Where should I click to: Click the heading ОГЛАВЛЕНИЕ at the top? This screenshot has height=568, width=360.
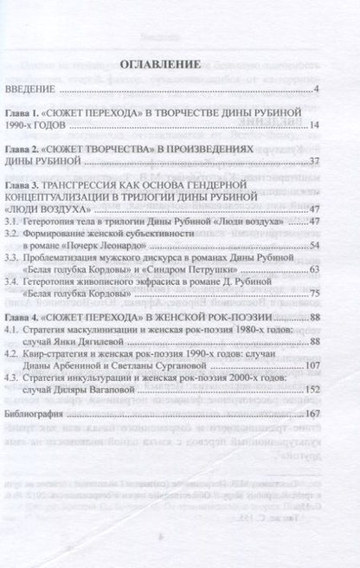(178, 64)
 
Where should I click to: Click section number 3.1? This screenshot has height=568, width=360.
(37, 222)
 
